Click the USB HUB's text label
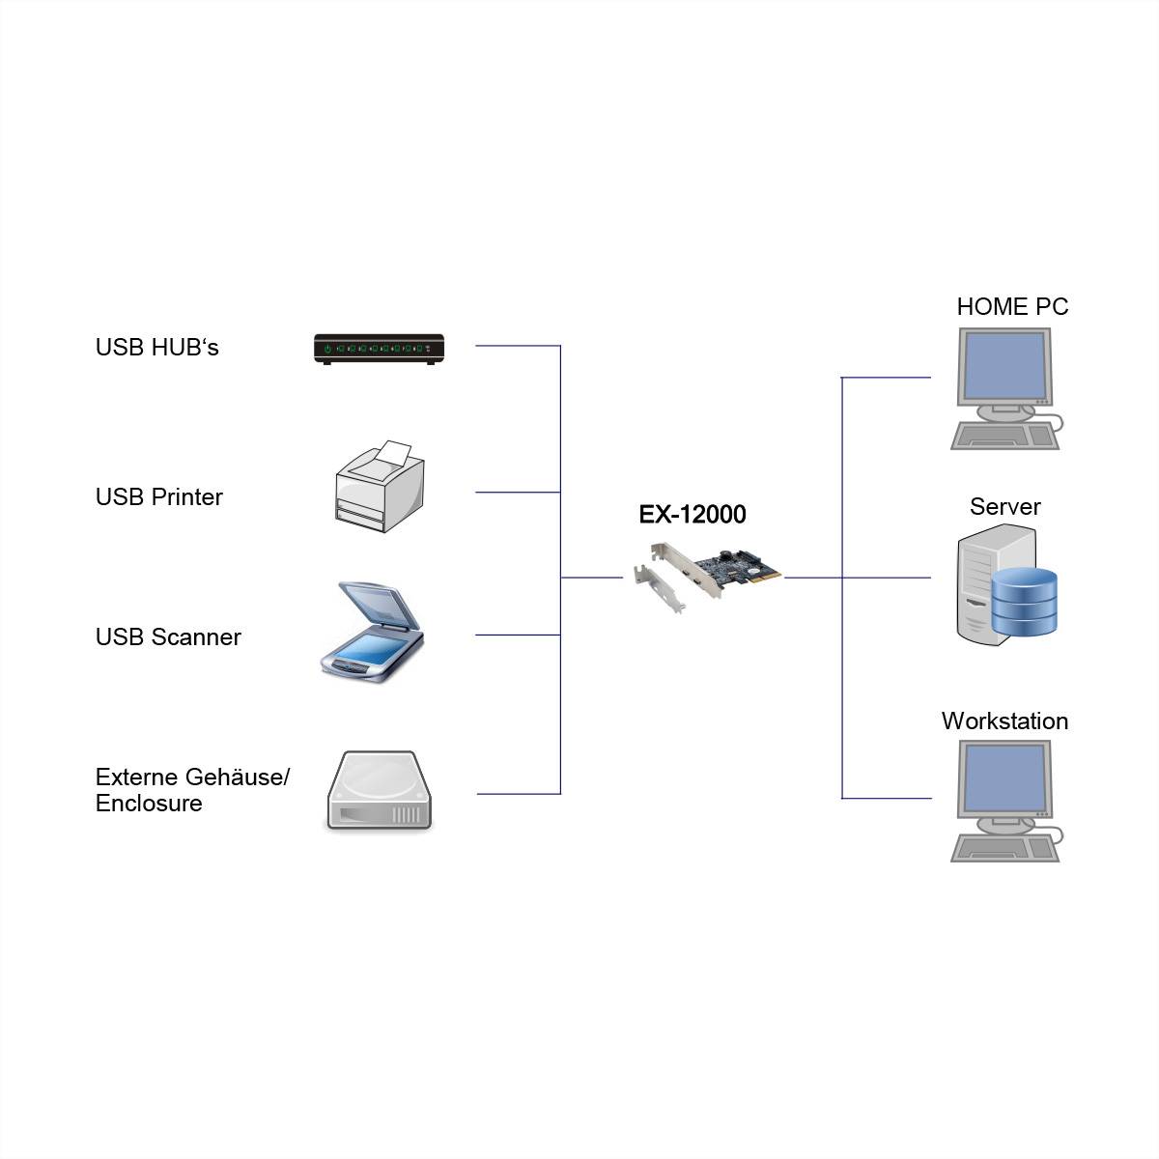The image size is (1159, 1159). tap(156, 348)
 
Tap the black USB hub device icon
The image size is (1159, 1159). tap(379, 349)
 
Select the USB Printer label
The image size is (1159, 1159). tap(158, 497)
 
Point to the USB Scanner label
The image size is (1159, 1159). tap(168, 637)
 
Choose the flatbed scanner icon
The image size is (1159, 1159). tap(373, 634)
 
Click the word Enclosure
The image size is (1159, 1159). tap(149, 804)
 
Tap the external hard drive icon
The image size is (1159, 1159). tap(379, 792)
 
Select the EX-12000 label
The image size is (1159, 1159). tap(693, 514)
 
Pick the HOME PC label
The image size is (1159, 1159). tap(1012, 307)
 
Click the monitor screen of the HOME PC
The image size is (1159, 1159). tap(1004, 366)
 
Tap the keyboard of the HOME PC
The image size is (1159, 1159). tap(1004, 437)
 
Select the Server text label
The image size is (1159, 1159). tap(1004, 507)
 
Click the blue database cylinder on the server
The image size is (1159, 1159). tap(1025, 601)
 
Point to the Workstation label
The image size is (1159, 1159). tap(1004, 721)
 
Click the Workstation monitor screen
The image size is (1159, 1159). tap(1004, 778)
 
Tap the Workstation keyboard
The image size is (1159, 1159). tap(1004, 849)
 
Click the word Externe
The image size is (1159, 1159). tap(137, 777)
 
